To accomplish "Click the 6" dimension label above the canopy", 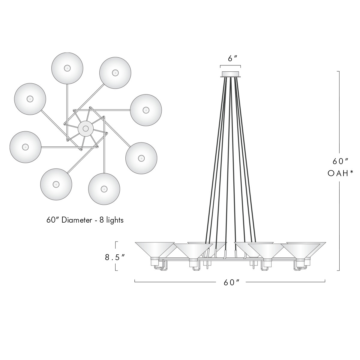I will pos(230,59).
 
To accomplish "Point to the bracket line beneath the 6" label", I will pos(230,66).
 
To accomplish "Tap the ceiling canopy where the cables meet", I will pos(230,74).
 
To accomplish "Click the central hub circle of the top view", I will pos(85,129).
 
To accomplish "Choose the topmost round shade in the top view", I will pos(67,68).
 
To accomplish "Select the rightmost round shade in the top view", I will pos(146,110).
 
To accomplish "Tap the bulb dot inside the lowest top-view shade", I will pos(104,189).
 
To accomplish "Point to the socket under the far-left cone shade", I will pos(154,262).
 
